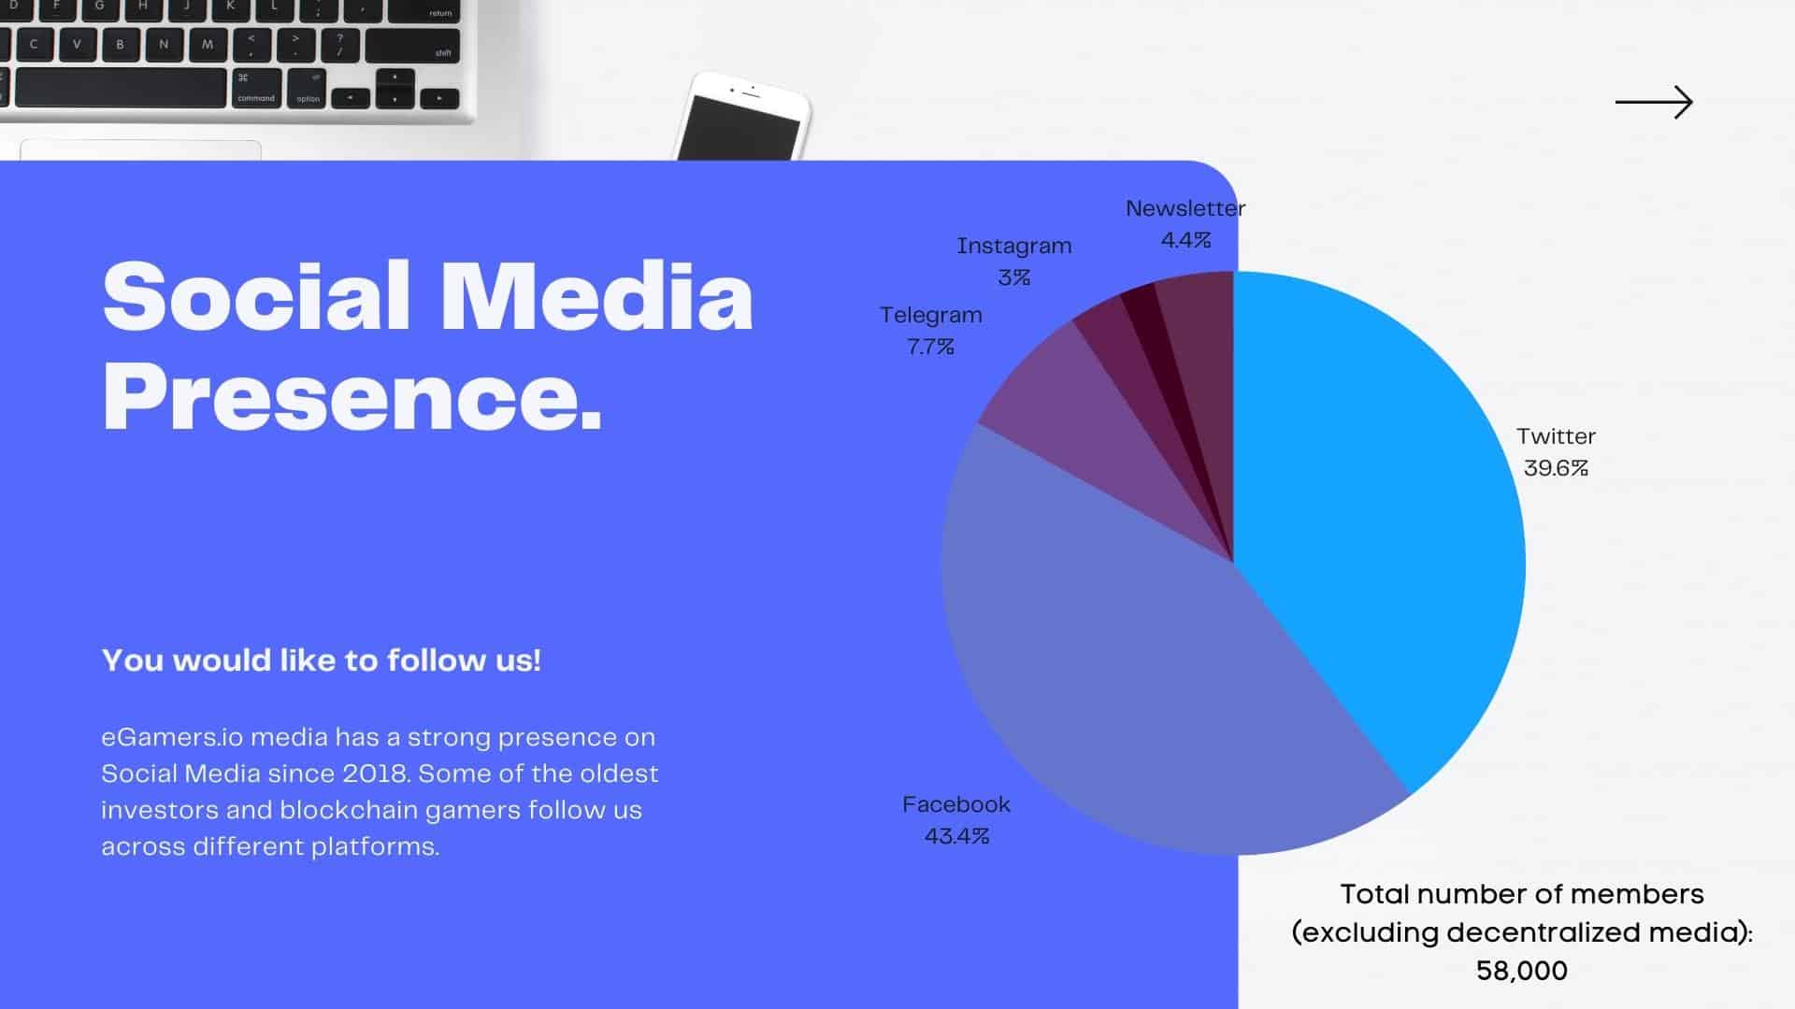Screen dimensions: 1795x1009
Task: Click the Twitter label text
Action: [x=1556, y=436]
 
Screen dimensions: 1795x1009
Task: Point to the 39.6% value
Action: [x=1556, y=468]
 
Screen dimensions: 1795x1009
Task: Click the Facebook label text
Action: [x=956, y=804]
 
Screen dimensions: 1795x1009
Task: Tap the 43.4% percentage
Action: [x=956, y=836]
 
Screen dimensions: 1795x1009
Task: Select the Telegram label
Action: [x=931, y=316]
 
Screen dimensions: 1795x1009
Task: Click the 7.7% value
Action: [x=931, y=347]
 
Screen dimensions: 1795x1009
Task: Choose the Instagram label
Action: [x=1014, y=247]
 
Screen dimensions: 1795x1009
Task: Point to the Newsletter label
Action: [x=1185, y=208]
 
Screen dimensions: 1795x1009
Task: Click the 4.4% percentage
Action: [x=1185, y=240]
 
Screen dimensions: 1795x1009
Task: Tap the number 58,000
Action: [x=1522, y=971]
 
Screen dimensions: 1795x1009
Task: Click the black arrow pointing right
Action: [x=1654, y=102]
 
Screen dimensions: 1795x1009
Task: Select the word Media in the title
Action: [x=596, y=296]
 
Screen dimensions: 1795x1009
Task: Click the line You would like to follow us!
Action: [x=321, y=661]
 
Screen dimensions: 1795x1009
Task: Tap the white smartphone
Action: [x=742, y=118]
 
